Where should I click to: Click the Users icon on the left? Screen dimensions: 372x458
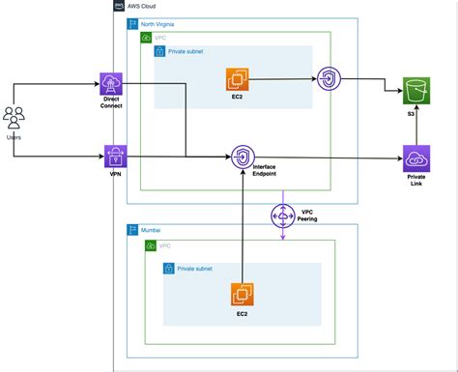[15, 118]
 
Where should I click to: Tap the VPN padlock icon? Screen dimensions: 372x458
[115, 156]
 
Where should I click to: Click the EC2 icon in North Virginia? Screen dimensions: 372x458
[237, 78]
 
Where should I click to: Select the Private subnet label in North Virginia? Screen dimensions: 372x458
[191, 51]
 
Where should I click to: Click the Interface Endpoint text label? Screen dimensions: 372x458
[270, 170]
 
